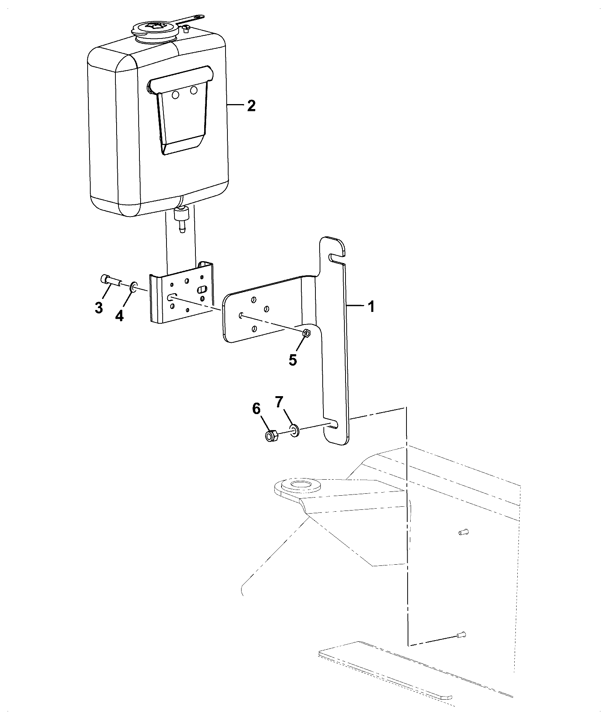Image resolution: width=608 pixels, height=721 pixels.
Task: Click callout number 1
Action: pyautogui.click(x=371, y=307)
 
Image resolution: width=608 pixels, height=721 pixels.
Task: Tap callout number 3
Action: pyautogui.click(x=99, y=307)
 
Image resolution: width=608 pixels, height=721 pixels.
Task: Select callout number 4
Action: pyautogui.click(x=120, y=315)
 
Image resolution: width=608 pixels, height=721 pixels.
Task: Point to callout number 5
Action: pyautogui.click(x=293, y=360)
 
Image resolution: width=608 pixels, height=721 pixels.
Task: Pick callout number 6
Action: pyautogui.click(x=256, y=409)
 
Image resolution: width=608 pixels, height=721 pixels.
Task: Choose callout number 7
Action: pyautogui.click(x=280, y=401)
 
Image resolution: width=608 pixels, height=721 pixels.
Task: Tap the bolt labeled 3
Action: pyautogui.click(x=111, y=282)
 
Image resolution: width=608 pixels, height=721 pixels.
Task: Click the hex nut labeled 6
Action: pyautogui.click(x=271, y=436)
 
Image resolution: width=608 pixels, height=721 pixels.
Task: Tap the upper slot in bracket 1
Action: pyautogui.click(x=337, y=258)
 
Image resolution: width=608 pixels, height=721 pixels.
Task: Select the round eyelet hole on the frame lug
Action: pyautogui.click(x=301, y=486)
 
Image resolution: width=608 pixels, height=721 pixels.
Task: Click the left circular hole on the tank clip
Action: pyautogui.click(x=176, y=95)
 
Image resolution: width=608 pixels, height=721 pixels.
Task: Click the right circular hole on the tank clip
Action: pyautogui.click(x=194, y=90)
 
